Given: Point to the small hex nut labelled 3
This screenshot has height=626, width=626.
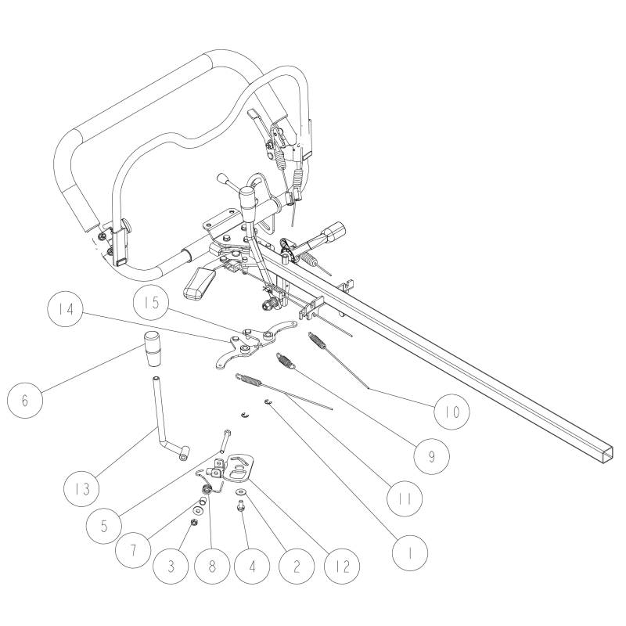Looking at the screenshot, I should click(195, 522).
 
